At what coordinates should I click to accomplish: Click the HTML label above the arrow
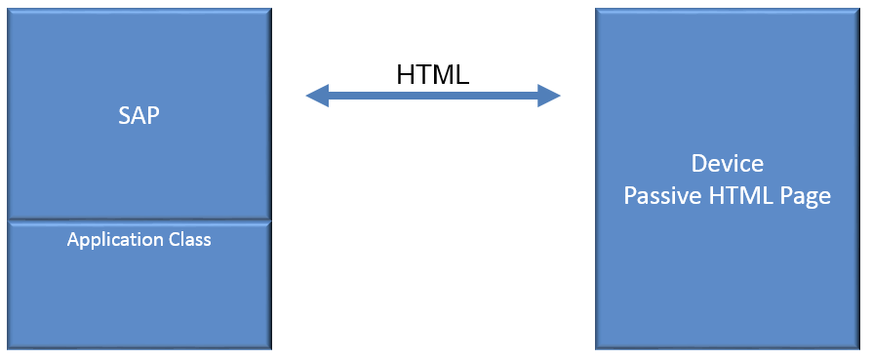coord(433,75)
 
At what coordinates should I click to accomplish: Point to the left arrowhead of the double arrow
coord(315,96)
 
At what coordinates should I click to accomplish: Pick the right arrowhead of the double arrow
coord(551,96)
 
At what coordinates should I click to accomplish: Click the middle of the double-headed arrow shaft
coord(433,96)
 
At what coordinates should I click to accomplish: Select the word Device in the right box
coord(727,163)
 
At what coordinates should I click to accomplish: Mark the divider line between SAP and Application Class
coord(139,220)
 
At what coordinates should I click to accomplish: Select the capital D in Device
coord(697,163)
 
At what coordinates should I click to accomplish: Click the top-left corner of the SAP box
coord(10,8)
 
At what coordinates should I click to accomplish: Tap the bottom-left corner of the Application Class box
coord(10,348)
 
